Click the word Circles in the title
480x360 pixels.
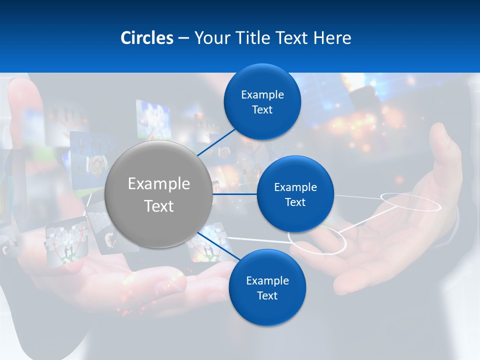[x=146, y=38]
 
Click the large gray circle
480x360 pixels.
[x=158, y=194]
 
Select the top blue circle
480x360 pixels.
[x=262, y=102]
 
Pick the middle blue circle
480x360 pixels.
[x=295, y=194]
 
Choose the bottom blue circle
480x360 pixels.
[x=267, y=288]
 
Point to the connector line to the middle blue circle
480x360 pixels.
[x=235, y=194]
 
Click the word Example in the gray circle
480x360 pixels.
[x=158, y=184]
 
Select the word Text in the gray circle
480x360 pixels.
[x=158, y=206]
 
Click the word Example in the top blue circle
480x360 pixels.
[x=262, y=95]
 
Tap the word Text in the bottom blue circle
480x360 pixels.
[x=267, y=295]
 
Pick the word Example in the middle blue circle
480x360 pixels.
[x=295, y=187]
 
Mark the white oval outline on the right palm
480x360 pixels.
[x=410, y=201]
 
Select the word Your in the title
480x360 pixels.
[x=209, y=38]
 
